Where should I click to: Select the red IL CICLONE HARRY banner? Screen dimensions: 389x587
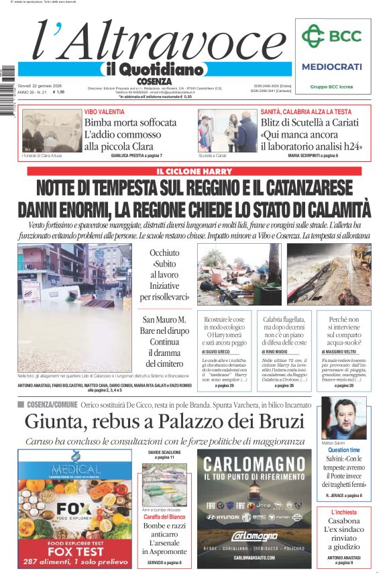click(x=194, y=171)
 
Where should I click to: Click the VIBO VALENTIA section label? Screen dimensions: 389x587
click(x=104, y=111)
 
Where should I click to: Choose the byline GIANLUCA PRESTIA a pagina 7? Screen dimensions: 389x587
click(x=136, y=155)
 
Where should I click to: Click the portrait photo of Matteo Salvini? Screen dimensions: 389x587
click(x=343, y=418)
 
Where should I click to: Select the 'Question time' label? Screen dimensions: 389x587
click(x=343, y=450)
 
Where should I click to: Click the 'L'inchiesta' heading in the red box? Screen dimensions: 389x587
click(x=343, y=512)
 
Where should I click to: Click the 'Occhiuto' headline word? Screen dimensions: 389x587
click(x=164, y=253)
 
